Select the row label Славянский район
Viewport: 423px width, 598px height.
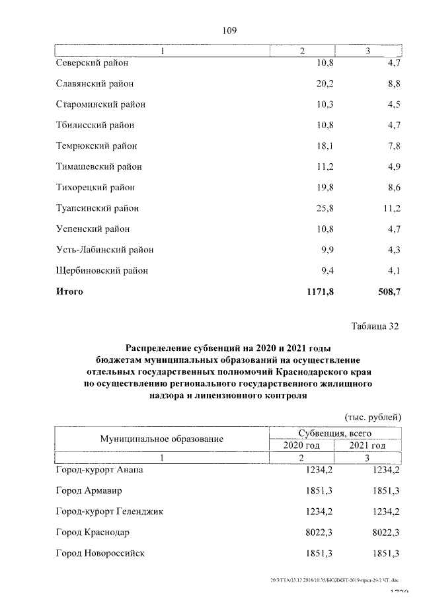(95, 84)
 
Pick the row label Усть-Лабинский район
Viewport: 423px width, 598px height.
(105, 250)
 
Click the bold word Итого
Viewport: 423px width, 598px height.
(70, 291)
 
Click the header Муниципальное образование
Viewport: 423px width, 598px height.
(162, 439)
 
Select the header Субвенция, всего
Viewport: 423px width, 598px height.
(335, 433)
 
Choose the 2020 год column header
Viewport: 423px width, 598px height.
(301, 445)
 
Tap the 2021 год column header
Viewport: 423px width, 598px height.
(368, 445)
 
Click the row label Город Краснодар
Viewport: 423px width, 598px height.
(93, 532)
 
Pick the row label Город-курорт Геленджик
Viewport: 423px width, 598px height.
(110, 511)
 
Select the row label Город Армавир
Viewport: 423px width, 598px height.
(89, 491)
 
